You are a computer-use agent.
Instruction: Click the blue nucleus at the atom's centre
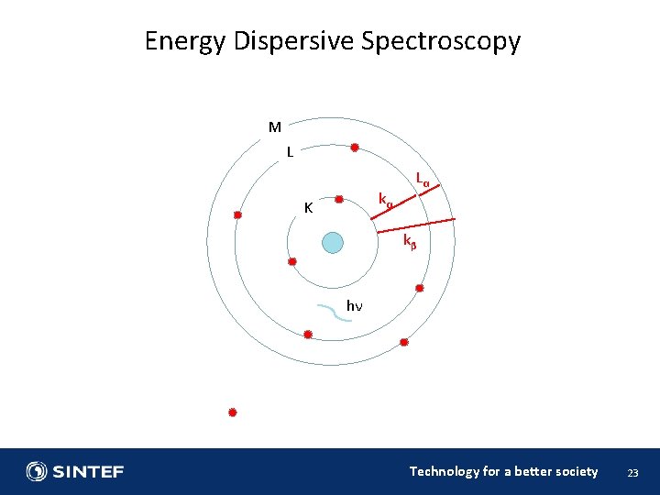(x=333, y=242)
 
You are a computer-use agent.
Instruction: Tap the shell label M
(x=274, y=127)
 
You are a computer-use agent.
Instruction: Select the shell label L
(x=290, y=152)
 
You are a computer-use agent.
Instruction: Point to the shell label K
(x=309, y=208)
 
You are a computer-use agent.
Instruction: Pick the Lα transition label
(x=423, y=178)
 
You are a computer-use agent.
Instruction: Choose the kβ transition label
(x=410, y=241)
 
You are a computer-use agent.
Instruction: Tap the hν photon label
(x=354, y=305)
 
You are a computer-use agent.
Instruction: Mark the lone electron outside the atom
(x=233, y=412)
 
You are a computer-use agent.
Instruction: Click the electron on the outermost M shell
(x=237, y=214)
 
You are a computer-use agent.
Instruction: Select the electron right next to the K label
(x=339, y=199)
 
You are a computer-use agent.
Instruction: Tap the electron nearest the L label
(x=354, y=148)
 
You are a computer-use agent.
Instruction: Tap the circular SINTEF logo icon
(x=37, y=472)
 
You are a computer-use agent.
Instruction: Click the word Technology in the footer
(x=444, y=471)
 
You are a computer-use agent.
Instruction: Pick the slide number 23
(x=632, y=473)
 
